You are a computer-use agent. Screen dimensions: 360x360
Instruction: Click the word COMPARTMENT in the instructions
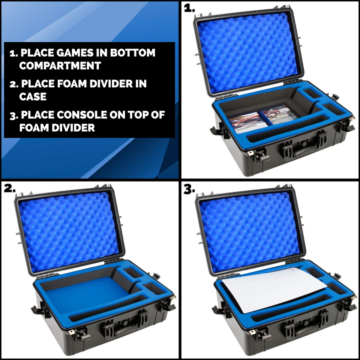60,66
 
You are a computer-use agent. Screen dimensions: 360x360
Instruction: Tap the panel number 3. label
190,189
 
